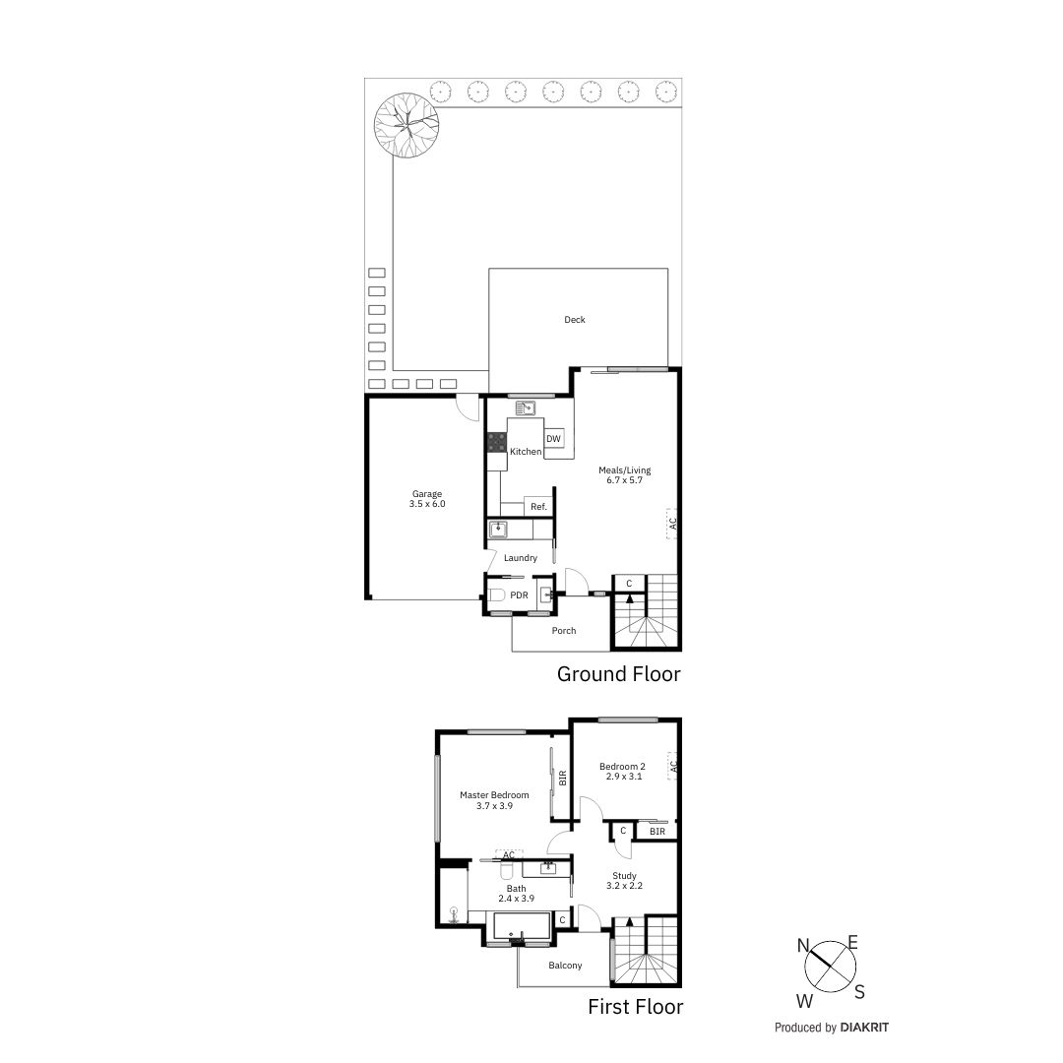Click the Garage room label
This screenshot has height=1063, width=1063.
[427, 499]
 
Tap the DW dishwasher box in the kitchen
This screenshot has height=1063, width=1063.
[553, 439]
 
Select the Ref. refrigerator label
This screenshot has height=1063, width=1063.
[538, 507]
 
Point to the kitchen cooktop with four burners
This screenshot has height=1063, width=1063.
[496, 442]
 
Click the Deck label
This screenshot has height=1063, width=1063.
[575, 320]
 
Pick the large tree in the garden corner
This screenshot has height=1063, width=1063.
[406, 123]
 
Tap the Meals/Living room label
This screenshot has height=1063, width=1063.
[625, 475]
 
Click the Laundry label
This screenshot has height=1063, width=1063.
[521, 558]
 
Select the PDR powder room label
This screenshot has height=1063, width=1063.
[519, 595]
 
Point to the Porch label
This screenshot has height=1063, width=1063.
[564, 631]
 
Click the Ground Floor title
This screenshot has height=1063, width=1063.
[618, 674]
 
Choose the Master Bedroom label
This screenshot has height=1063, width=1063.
[494, 800]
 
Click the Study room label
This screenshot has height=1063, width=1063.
[624, 881]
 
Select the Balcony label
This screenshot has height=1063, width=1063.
[565, 966]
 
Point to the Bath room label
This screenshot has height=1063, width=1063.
[516, 894]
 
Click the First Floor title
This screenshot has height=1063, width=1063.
[635, 1007]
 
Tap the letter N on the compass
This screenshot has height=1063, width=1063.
[803, 947]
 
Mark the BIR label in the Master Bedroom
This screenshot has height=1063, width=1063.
[562, 778]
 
